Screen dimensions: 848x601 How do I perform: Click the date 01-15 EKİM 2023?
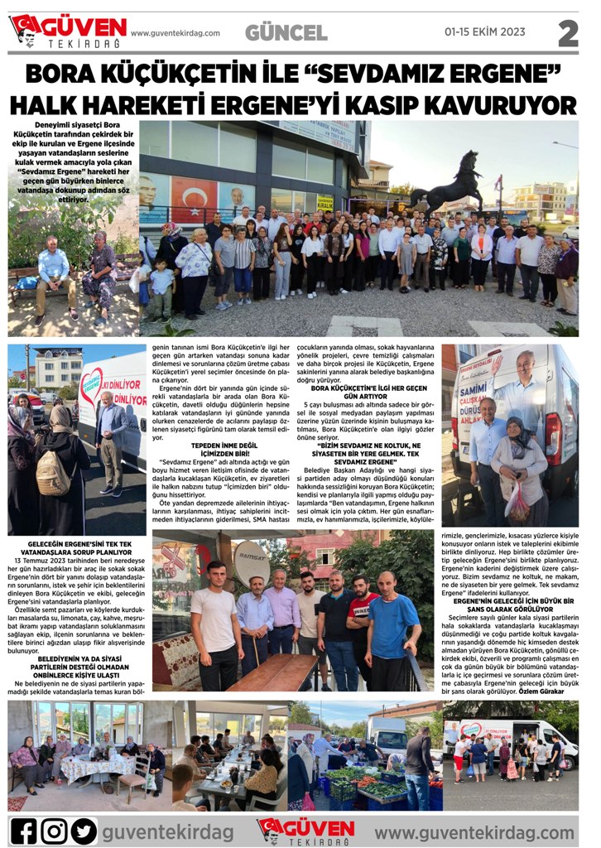click(x=484, y=32)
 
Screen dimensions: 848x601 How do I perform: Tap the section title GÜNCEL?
click(x=286, y=33)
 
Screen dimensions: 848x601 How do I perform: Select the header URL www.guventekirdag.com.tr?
click(x=175, y=33)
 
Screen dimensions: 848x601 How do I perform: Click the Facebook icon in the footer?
click(x=24, y=830)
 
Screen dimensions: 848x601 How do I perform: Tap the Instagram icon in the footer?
click(x=54, y=830)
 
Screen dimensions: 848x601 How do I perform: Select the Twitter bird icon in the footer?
click(x=84, y=830)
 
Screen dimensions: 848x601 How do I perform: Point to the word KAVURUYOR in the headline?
click(x=504, y=105)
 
